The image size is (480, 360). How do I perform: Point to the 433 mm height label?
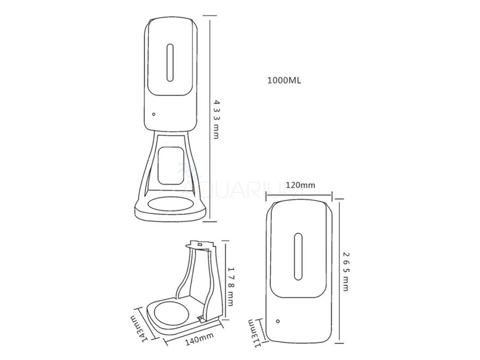tap(216, 118)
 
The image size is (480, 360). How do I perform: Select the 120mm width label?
tap(300, 185)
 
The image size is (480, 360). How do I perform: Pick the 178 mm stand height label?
tap(231, 285)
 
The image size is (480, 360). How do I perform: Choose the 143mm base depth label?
tap(138, 326)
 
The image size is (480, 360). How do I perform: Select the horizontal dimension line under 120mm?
tap(300, 194)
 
